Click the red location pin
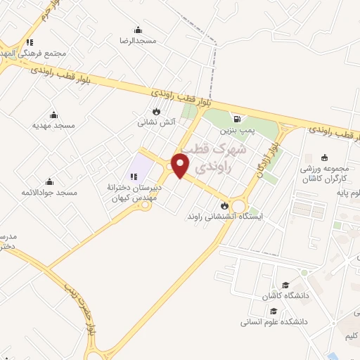tap(181, 165)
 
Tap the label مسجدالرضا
tap(136, 41)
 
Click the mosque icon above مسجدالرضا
tap(136, 30)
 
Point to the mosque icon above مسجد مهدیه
tap(53, 114)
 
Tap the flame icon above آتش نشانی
tap(156, 111)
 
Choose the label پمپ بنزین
tap(238, 130)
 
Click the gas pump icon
tap(239, 119)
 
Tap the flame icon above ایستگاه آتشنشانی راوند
tap(224, 205)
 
